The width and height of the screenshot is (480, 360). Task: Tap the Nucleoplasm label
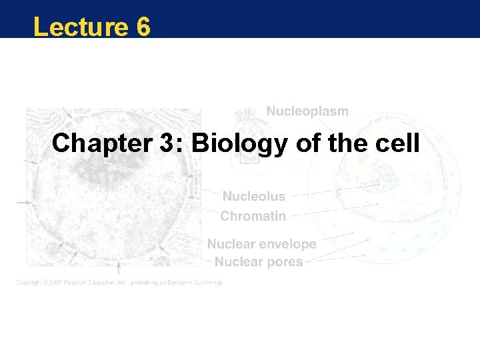click(307, 111)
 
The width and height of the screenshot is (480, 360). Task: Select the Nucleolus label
click(253, 197)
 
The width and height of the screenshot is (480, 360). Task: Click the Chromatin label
click(253, 216)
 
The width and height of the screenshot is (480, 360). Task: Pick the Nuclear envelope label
click(261, 245)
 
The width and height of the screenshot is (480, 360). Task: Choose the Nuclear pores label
click(255, 262)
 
